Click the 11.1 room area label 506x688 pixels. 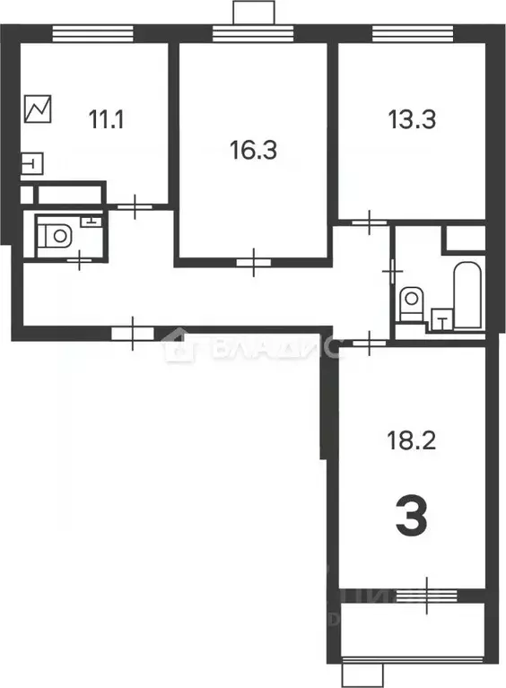[x=106, y=118]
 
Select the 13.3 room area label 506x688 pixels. [x=412, y=118]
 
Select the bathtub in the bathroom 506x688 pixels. [x=468, y=296]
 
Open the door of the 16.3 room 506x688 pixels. [x=256, y=263]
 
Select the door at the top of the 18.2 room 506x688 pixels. [x=369, y=339]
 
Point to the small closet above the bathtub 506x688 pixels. [x=465, y=239]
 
